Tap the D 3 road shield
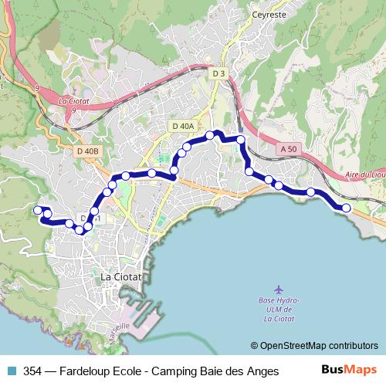(x=218, y=73)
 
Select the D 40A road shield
(x=184, y=126)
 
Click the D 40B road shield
(x=89, y=151)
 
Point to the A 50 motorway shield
(x=288, y=148)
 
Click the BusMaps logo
(x=350, y=371)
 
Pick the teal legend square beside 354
(x=11, y=371)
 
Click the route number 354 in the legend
(x=33, y=371)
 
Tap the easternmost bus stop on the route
(x=347, y=208)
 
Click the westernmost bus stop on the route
(x=37, y=209)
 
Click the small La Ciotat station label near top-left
(x=74, y=100)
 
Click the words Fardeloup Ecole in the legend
(x=98, y=371)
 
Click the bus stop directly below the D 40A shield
(x=185, y=147)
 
